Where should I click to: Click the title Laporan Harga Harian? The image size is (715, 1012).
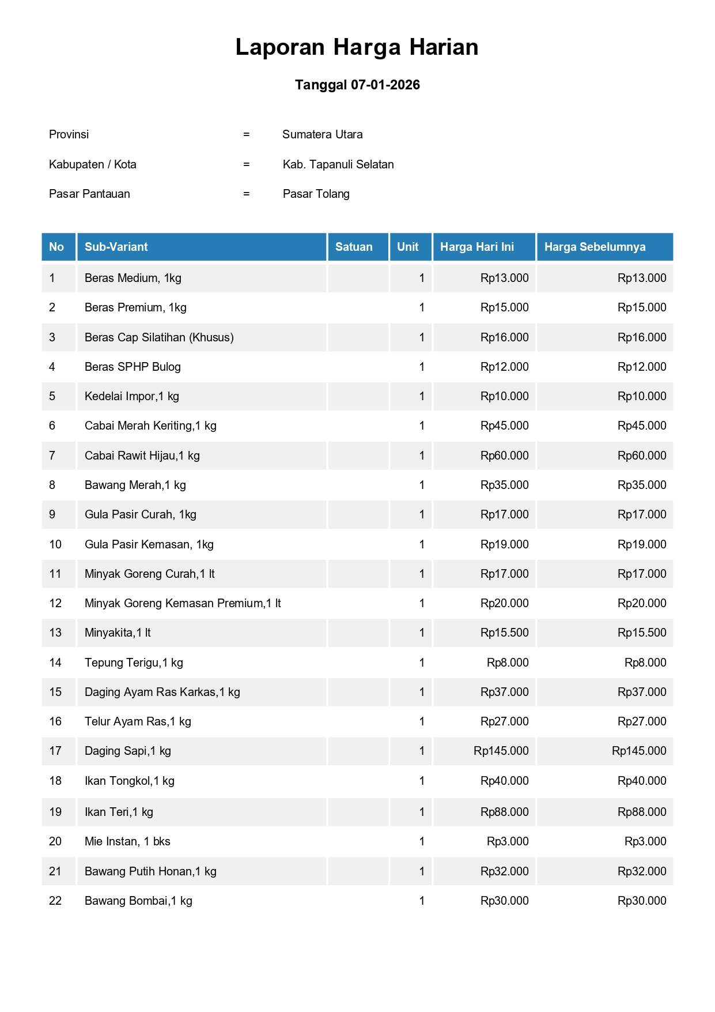tap(357, 47)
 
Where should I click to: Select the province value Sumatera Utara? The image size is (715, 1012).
tap(322, 134)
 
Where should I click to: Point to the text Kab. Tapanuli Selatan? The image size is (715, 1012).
tap(338, 164)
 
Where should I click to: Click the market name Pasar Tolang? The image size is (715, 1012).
tap(316, 194)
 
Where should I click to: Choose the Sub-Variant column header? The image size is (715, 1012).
tap(116, 247)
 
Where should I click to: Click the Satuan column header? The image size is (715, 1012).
tap(354, 247)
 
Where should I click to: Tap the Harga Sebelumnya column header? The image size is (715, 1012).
tap(595, 247)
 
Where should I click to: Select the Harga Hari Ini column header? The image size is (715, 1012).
tap(476, 247)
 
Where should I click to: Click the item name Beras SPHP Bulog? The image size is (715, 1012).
tap(133, 367)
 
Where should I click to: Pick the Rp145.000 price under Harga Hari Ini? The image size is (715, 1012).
tap(501, 751)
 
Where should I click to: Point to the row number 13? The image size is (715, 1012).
tap(55, 633)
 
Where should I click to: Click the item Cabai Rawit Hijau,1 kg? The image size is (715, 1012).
tap(142, 456)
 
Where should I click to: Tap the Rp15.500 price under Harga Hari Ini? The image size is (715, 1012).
tap(504, 633)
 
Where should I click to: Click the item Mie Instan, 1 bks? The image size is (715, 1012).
tap(127, 841)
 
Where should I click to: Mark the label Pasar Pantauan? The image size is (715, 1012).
tap(89, 194)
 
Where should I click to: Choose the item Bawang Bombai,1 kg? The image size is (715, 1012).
tap(138, 901)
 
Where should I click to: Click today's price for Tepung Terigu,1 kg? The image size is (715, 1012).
tap(507, 663)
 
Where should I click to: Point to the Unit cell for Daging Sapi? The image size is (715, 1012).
tap(422, 751)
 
